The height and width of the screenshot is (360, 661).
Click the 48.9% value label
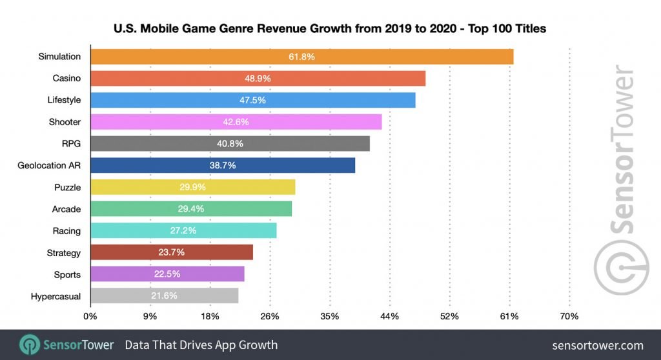pyautogui.click(x=258, y=78)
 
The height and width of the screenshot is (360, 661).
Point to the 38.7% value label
pyautogui.click(x=223, y=165)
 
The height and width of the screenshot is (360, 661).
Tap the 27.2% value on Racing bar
pyautogui.click(x=183, y=230)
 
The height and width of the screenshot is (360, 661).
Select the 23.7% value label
pyautogui.click(x=171, y=252)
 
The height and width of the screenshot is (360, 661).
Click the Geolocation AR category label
pyautogui.click(x=49, y=165)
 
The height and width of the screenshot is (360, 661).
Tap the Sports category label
pyautogui.click(x=67, y=274)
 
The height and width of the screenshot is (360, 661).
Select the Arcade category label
pyautogui.click(x=66, y=209)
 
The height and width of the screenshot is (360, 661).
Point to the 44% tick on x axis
pyautogui.click(x=389, y=317)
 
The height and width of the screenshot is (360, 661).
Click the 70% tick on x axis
pyautogui.click(x=569, y=317)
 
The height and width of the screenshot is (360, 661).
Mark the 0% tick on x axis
pyautogui.click(x=90, y=317)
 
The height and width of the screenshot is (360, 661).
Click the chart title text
pyautogui.click(x=330, y=28)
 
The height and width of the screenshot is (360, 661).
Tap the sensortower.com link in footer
pyautogui.click(x=598, y=345)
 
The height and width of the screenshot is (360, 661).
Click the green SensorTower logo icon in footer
pyautogui.click(x=30, y=345)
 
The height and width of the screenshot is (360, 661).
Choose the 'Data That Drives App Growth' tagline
pyautogui.click(x=201, y=345)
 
